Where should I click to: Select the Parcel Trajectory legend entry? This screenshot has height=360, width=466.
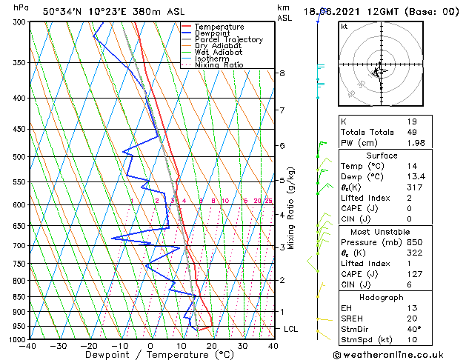tap(228, 40)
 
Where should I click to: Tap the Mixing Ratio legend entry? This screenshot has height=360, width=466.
tap(219, 65)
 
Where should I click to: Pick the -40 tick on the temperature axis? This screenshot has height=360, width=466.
tap(29, 345)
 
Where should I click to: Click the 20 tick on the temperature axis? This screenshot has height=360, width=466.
tap(211, 345)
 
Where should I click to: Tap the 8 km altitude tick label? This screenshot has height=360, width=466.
tap(282, 73)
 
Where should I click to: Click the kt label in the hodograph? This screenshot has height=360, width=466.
tap(344, 27)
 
